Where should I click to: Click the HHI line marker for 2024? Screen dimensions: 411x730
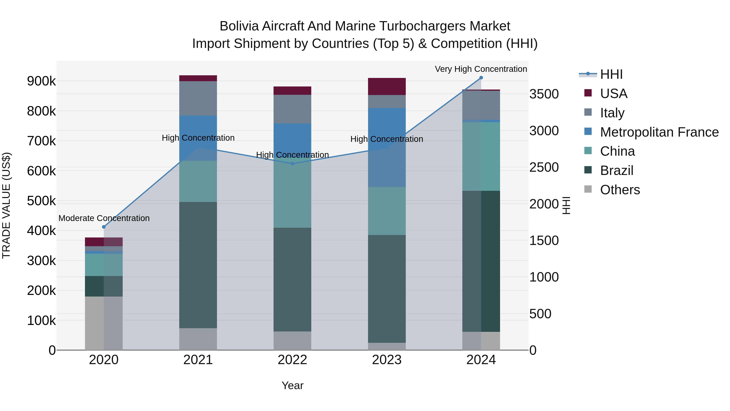(x=481, y=78)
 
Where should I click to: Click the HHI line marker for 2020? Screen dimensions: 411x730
(x=104, y=227)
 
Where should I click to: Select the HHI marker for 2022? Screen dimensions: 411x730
(x=292, y=164)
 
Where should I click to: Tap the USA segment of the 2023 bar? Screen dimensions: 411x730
(x=387, y=86)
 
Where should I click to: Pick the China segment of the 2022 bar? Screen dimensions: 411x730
(x=292, y=193)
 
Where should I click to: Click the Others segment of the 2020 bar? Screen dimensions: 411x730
(x=104, y=323)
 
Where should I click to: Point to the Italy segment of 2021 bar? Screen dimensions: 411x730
(x=198, y=98)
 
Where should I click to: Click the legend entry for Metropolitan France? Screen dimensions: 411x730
(x=659, y=132)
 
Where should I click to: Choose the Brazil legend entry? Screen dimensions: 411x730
(x=616, y=170)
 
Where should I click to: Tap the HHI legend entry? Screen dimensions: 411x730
(x=611, y=74)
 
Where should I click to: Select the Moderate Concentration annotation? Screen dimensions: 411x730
(x=104, y=218)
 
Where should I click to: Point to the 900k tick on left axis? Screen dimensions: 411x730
(x=41, y=81)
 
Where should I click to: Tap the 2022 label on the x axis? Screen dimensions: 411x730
(x=292, y=360)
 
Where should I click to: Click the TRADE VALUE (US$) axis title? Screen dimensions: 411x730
(x=6, y=205)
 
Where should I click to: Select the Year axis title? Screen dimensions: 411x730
(x=292, y=385)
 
